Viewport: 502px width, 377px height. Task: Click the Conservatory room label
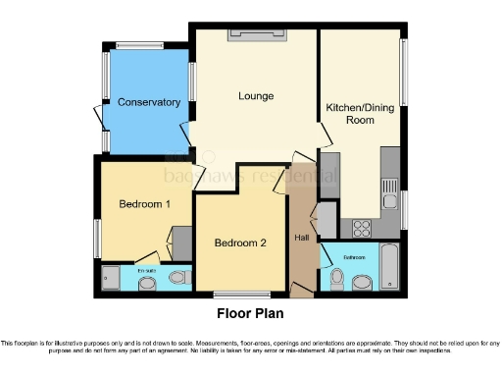tap(149, 102)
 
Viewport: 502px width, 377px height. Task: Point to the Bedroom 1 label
tap(145, 204)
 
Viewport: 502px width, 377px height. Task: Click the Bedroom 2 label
tap(240, 242)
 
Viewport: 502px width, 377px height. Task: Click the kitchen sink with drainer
tap(390, 185)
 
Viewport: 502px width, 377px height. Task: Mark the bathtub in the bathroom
tap(389, 269)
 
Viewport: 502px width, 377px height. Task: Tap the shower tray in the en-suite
tap(110, 279)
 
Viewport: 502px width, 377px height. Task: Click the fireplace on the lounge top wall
tap(258, 35)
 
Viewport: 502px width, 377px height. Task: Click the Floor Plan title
tap(250, 314)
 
